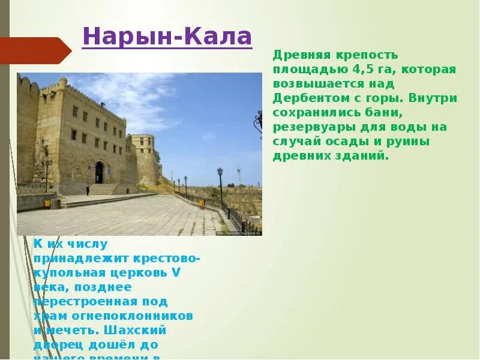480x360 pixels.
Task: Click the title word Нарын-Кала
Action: point(167,37)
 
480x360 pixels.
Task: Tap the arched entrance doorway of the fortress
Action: point(99,172)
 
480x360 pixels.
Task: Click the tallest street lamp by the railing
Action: point(220,185)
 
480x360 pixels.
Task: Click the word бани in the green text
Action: point(370,112)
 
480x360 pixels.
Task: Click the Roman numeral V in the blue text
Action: point(176,272)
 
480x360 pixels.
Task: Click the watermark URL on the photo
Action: point(240,232)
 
